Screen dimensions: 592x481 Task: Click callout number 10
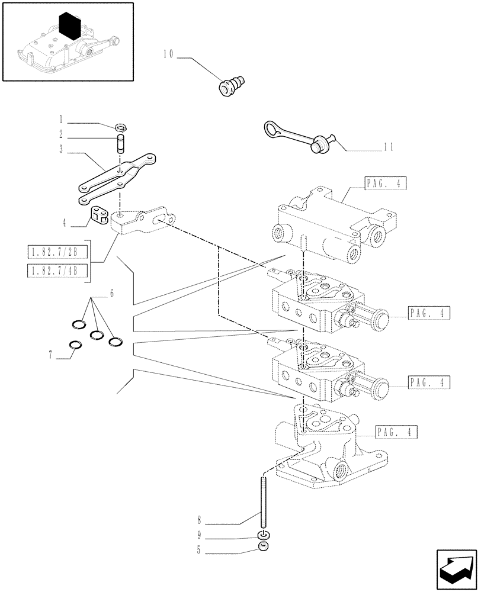167,54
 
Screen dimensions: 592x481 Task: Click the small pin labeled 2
121,144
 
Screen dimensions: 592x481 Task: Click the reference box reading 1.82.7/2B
57,254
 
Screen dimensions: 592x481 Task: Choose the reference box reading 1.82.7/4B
57,271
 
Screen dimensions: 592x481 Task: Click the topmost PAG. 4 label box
386,184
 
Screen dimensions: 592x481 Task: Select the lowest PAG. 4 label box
396,432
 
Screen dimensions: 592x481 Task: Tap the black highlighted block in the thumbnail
69,27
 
